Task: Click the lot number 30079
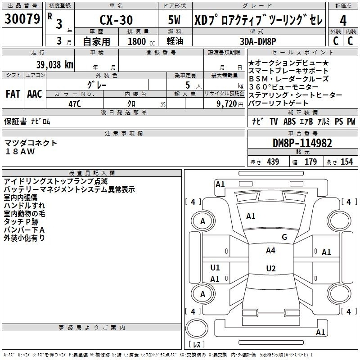click(22, 18)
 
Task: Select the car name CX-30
click(116, 20)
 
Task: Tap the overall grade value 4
click(343, 21)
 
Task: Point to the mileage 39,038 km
click(55, 65)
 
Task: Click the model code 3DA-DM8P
click(258, 41)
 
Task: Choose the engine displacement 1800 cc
click(141, 41)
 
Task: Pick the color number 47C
click(75, 104)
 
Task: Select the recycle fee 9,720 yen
click(230, 104)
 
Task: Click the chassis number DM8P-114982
click(302, 143)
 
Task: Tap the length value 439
click(273, 162)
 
